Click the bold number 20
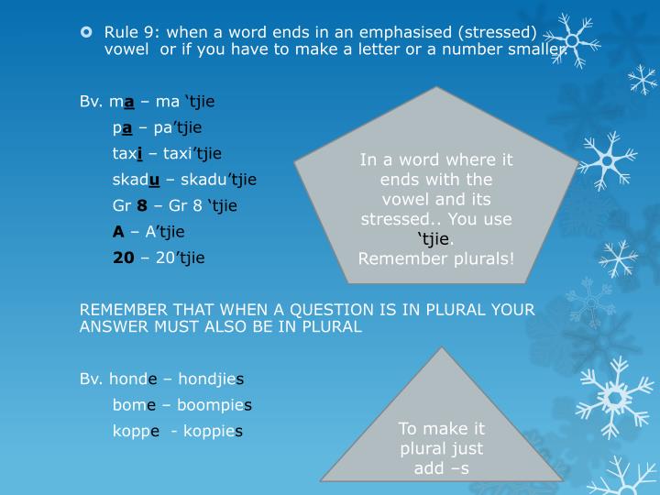click(x=123, y=258)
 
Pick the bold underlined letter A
click(x=118, y=232)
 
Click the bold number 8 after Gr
click(x=141, y=205)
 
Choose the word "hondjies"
click(x=211, y=378)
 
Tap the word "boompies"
click(x=215, y=403)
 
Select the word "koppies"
click(x=207, y=430)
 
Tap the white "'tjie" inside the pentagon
click(x=433, y=239)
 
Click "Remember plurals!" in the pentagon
click(x=436, y=258)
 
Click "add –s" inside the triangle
click(x=441, y=468)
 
